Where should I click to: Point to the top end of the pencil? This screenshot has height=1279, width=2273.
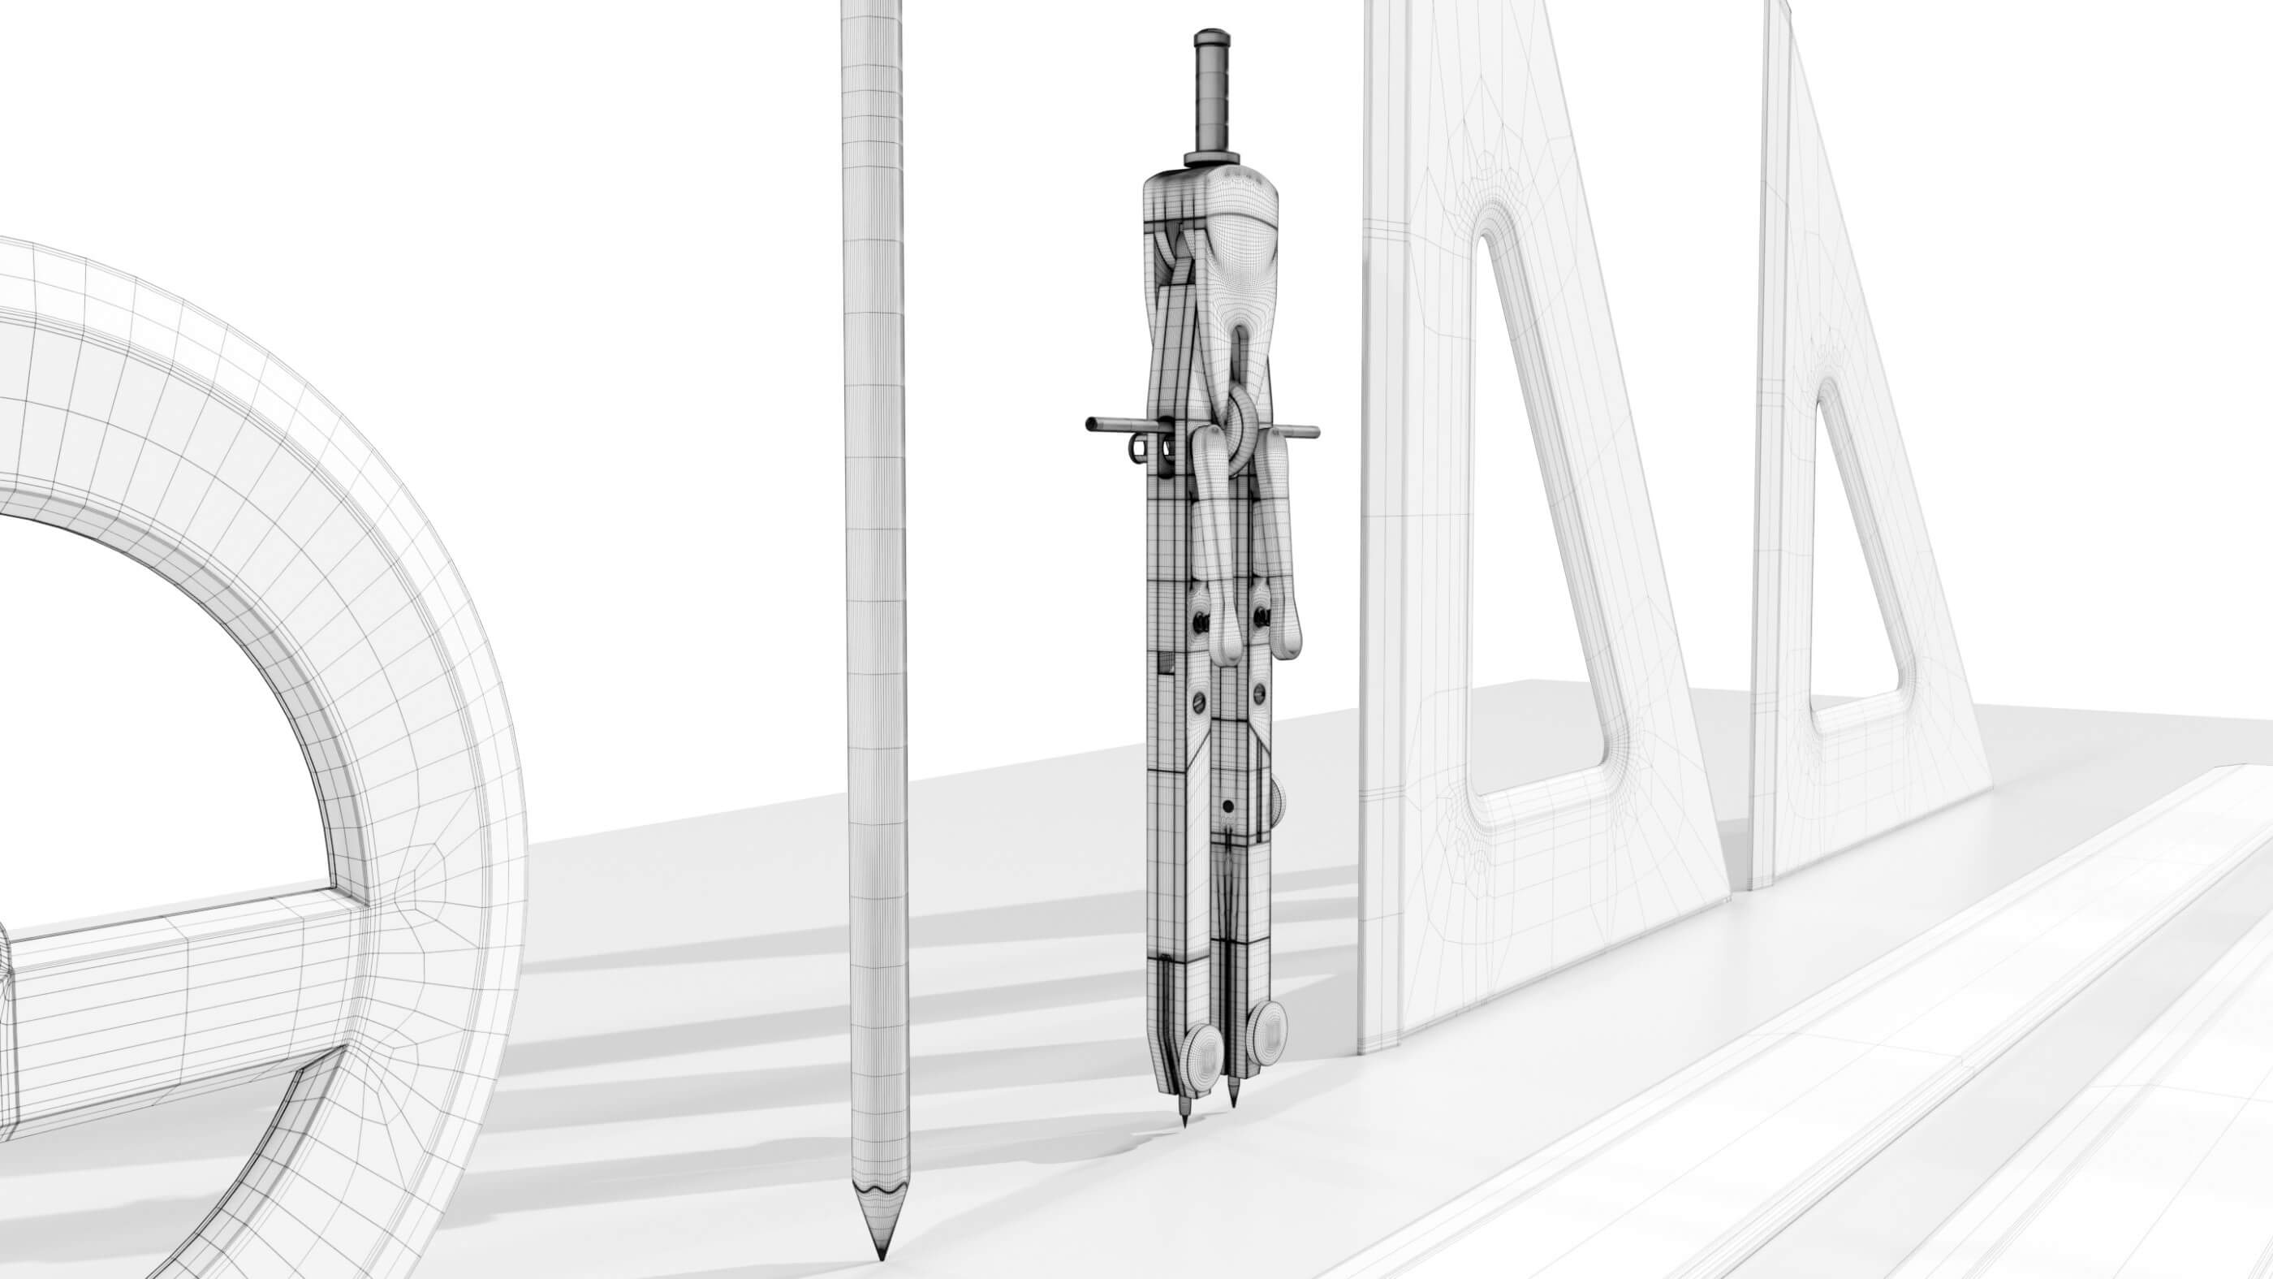[873, 7]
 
